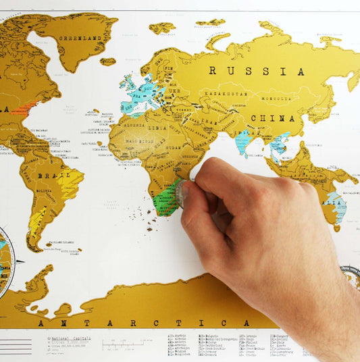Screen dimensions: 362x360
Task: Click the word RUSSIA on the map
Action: pyautogui.click(x=256, y=70)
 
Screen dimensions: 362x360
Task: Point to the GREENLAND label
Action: pyautogui.click(x=75, y=38)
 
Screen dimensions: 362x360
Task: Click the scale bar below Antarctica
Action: pyautogui.click(x=122, y=345)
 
